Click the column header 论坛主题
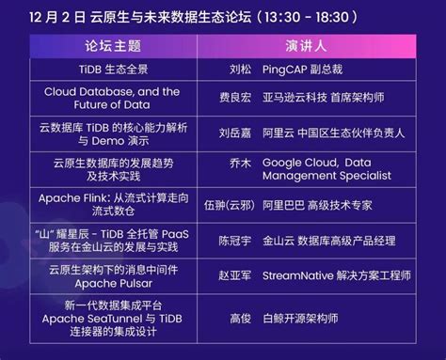tap(113, 46)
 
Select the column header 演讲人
tap(306, 46)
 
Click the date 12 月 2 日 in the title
tap(57, 17)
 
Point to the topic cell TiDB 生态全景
tap(114, 70)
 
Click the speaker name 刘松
tap(240, 70)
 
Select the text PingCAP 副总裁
tap(302, 70)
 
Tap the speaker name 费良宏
tap(235, 98)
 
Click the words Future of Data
tap(112, 104)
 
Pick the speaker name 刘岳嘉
tap(235, 133)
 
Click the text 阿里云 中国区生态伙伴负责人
tap(333, 133)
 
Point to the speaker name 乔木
tap(240, 163)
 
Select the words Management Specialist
tap(327, 176)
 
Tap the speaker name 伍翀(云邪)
tap(229, 205)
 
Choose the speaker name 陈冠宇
tap(235, 241)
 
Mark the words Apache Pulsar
tap(114, 284)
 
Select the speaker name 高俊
tap(240, 319)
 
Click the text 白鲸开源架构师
tap(300, 319)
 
